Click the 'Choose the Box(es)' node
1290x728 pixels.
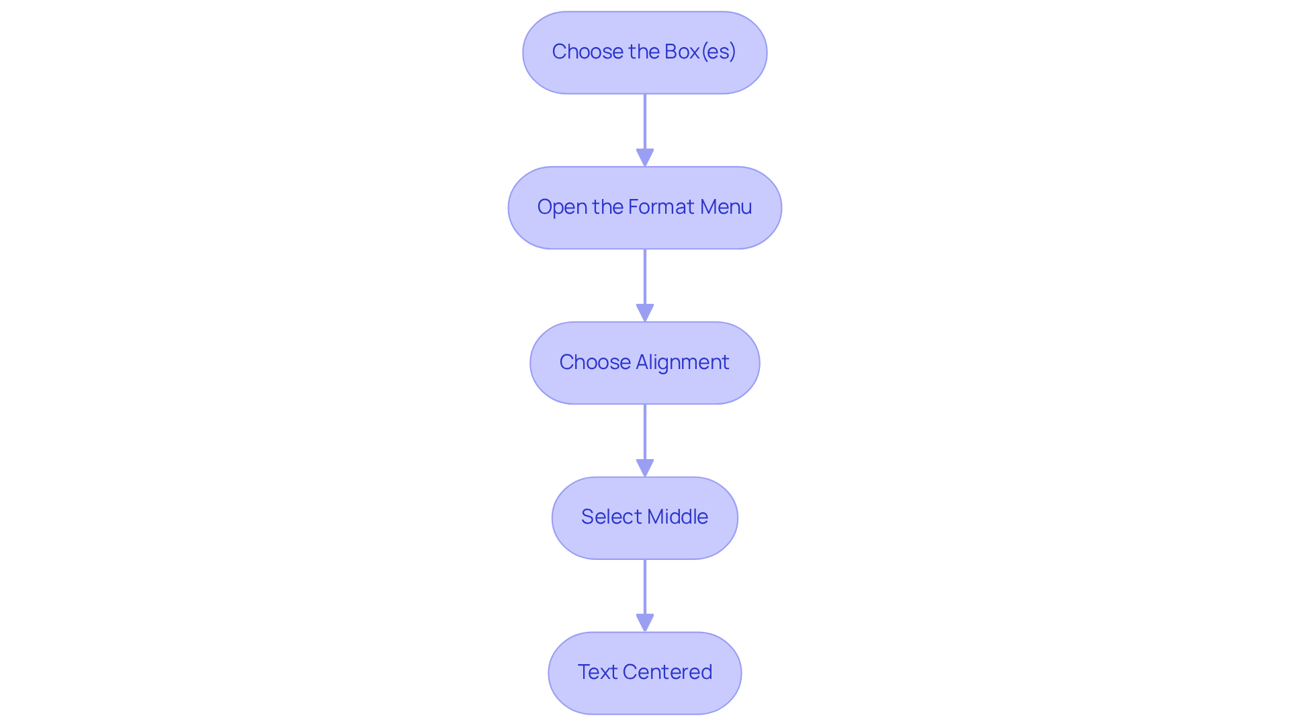pyautogui.click(x=644, y=52)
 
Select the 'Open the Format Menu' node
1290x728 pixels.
pyautogui.click(x=644, y=208)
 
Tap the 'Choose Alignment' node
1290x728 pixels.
pyautogui.click(x=644, y=363)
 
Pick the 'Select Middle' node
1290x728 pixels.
pyautogui.click(x=644, y=518)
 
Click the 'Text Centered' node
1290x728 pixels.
pyautogui.click(x=644, y=673)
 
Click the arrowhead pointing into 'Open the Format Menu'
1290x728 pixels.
pyautogui.click(x=645, y=158)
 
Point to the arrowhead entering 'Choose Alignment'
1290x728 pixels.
pyautogui.click(x=645, y=313)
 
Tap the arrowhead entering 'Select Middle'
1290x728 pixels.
pyautogui.click(x=645, y=469)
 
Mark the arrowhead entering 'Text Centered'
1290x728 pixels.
pyautogui.click(x=645, y=623)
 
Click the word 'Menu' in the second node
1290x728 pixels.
pyautogui.click(x=726, y=207)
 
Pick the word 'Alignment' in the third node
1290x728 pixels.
pyautogui.click(x=682, y=362)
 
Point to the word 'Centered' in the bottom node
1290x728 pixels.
pyautogui.click(x=667, y=672)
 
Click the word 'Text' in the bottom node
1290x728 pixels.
pyautogui.click(x=597, y=672)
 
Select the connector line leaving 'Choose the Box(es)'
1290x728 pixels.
pyautogui.click(x=645, y=121)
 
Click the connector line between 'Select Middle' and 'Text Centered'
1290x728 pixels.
pyautogui.click(x=645, y=586)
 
